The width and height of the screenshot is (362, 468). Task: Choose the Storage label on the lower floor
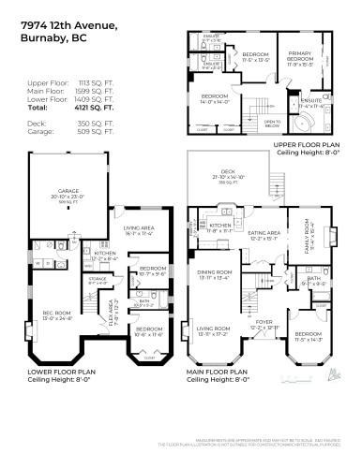click(83, 279)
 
